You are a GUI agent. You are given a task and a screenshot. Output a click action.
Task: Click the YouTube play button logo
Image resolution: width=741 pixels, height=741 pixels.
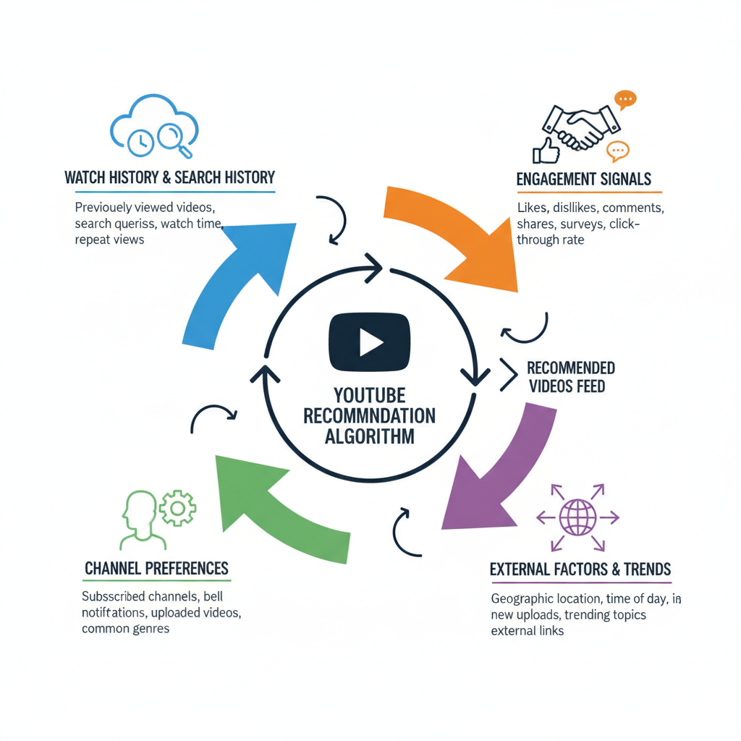tap(369, 341)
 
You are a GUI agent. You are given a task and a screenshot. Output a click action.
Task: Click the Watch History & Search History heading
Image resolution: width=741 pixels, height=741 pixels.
tap(169, 177)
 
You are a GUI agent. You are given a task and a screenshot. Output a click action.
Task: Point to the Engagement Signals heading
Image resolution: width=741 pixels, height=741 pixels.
tap(584, 179)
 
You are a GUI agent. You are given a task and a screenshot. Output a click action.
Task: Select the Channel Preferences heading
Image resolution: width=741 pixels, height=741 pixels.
tap(156, 568)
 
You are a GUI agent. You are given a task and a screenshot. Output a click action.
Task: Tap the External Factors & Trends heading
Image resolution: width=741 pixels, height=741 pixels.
tap(580, 569)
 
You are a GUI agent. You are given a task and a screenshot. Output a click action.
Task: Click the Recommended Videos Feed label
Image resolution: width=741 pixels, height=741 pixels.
tap(571, 376)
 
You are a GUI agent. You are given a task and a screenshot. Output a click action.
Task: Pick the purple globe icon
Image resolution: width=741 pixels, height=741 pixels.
tap(577, 517)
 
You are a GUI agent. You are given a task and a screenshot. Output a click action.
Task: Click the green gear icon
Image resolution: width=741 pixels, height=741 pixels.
tap(177, 508)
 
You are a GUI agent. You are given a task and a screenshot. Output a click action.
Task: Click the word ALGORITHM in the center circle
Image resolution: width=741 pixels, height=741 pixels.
tap(369, 436)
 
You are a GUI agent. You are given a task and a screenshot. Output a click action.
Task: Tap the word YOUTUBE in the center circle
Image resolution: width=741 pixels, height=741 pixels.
tap(369, 396)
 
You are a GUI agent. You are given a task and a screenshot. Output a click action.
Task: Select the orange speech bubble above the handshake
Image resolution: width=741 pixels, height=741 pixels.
tap(624, 100)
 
